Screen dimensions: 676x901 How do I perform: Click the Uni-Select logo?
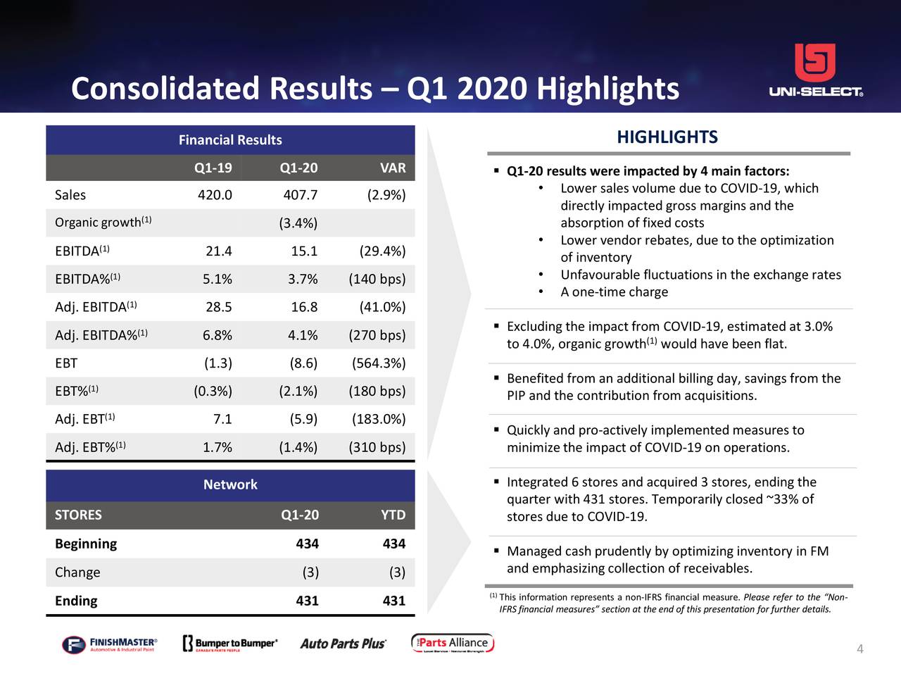pyautogui.click(x=815, y=70)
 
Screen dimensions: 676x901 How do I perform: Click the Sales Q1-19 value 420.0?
pyautogui.click(x=215, y=195)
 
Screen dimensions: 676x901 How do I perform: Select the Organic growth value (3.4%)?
pyautogui.click(x=298, y=223)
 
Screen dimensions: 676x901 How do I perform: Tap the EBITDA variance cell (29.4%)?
pyautogui.click(x=382, y=251)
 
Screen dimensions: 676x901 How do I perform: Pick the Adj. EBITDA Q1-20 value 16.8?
pyautogui.click(x=304, y=307)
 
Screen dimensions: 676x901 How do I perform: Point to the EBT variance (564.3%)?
pyautogui.click(x=379, y=363)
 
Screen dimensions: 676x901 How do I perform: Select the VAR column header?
pyautogui.click(x=392, y=168)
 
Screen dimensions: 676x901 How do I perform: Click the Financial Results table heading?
pyautogui.click(x=230, y=140)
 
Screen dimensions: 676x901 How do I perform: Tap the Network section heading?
pyautogui.click(x=230, y=484)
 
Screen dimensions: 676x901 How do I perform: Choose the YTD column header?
pyautogui.click(x=393, y=515)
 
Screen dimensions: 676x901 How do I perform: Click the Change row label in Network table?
pyautogui.click(x=77, y=572)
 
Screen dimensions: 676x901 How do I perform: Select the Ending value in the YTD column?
pyautogui.click(x=393, y=601)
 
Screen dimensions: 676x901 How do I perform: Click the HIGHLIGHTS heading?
pyautogui.click(x=667, y=137)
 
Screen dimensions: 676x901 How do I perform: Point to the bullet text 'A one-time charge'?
pyautogui.click(x=614, y=292)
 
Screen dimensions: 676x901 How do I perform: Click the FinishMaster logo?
pyautogui.click(x=109, y=644)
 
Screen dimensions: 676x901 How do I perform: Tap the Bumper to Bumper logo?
pyautogui.click(x=230, y=644)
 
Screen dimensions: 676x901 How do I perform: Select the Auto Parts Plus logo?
pyautogui.click(x=343, y=644)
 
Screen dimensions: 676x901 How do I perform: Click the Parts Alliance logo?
pyautogui.click(x=453, y=643)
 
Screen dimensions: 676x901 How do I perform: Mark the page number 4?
pyautogui.click(x=859, y=649)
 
